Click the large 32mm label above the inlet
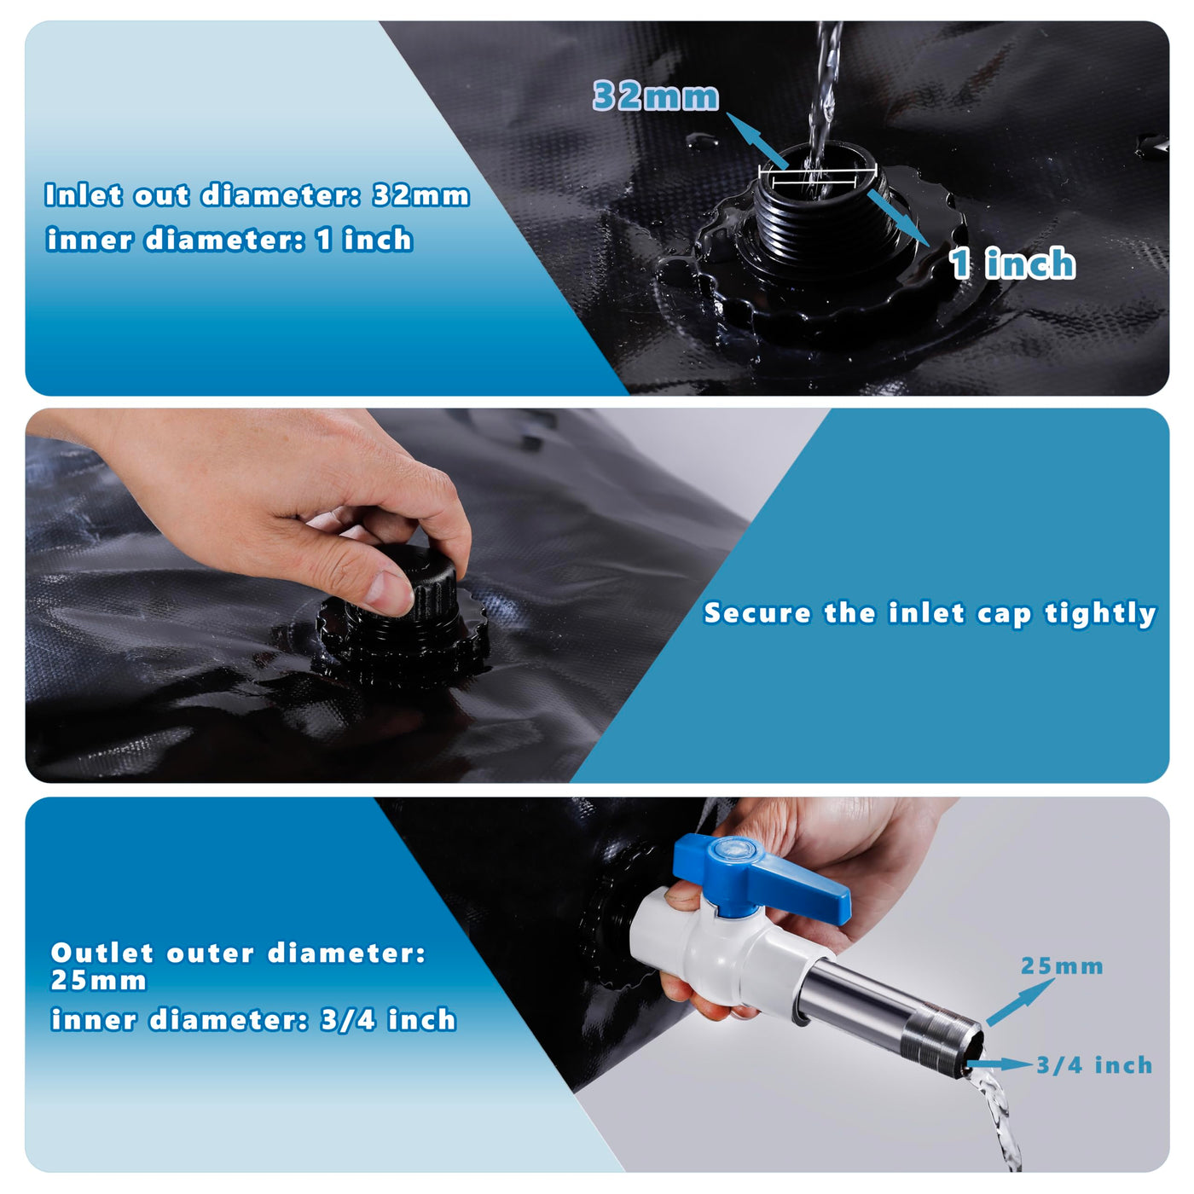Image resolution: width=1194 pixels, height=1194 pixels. pyautogui.click(x=656, y=96)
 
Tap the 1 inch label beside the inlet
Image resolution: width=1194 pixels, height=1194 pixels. pyautogui.click(x=1012, y=263)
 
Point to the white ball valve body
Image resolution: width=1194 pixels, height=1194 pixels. pyautogui.click(x=728, y=951)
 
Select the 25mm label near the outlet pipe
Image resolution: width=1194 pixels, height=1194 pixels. pyautogui.click(x=1062, y=966)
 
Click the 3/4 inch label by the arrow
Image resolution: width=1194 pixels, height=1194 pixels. pyautogui.click(x=1094, y=1065)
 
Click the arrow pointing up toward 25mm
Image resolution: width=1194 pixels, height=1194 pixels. pyautogui.click(x=1020, y=1002)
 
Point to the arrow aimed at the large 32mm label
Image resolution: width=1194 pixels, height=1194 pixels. pyautogui.click(x=756, y=141)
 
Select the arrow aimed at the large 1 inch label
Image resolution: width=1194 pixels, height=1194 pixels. pyautogui.click(x=898, y=218)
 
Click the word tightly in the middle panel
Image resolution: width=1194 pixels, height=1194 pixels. pyautogui.click(x=1100, y=614)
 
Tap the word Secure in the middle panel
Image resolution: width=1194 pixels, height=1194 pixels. pyautogui.click(x=757, y=613)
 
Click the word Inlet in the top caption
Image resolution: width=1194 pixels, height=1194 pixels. pyautogui.click(x=84, y=195)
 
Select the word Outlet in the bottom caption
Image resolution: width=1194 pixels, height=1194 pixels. pyautogui.click(x=101, y=953)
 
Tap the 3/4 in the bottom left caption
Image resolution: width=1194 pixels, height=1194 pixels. pyautogui.click(x=348, y=1019)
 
